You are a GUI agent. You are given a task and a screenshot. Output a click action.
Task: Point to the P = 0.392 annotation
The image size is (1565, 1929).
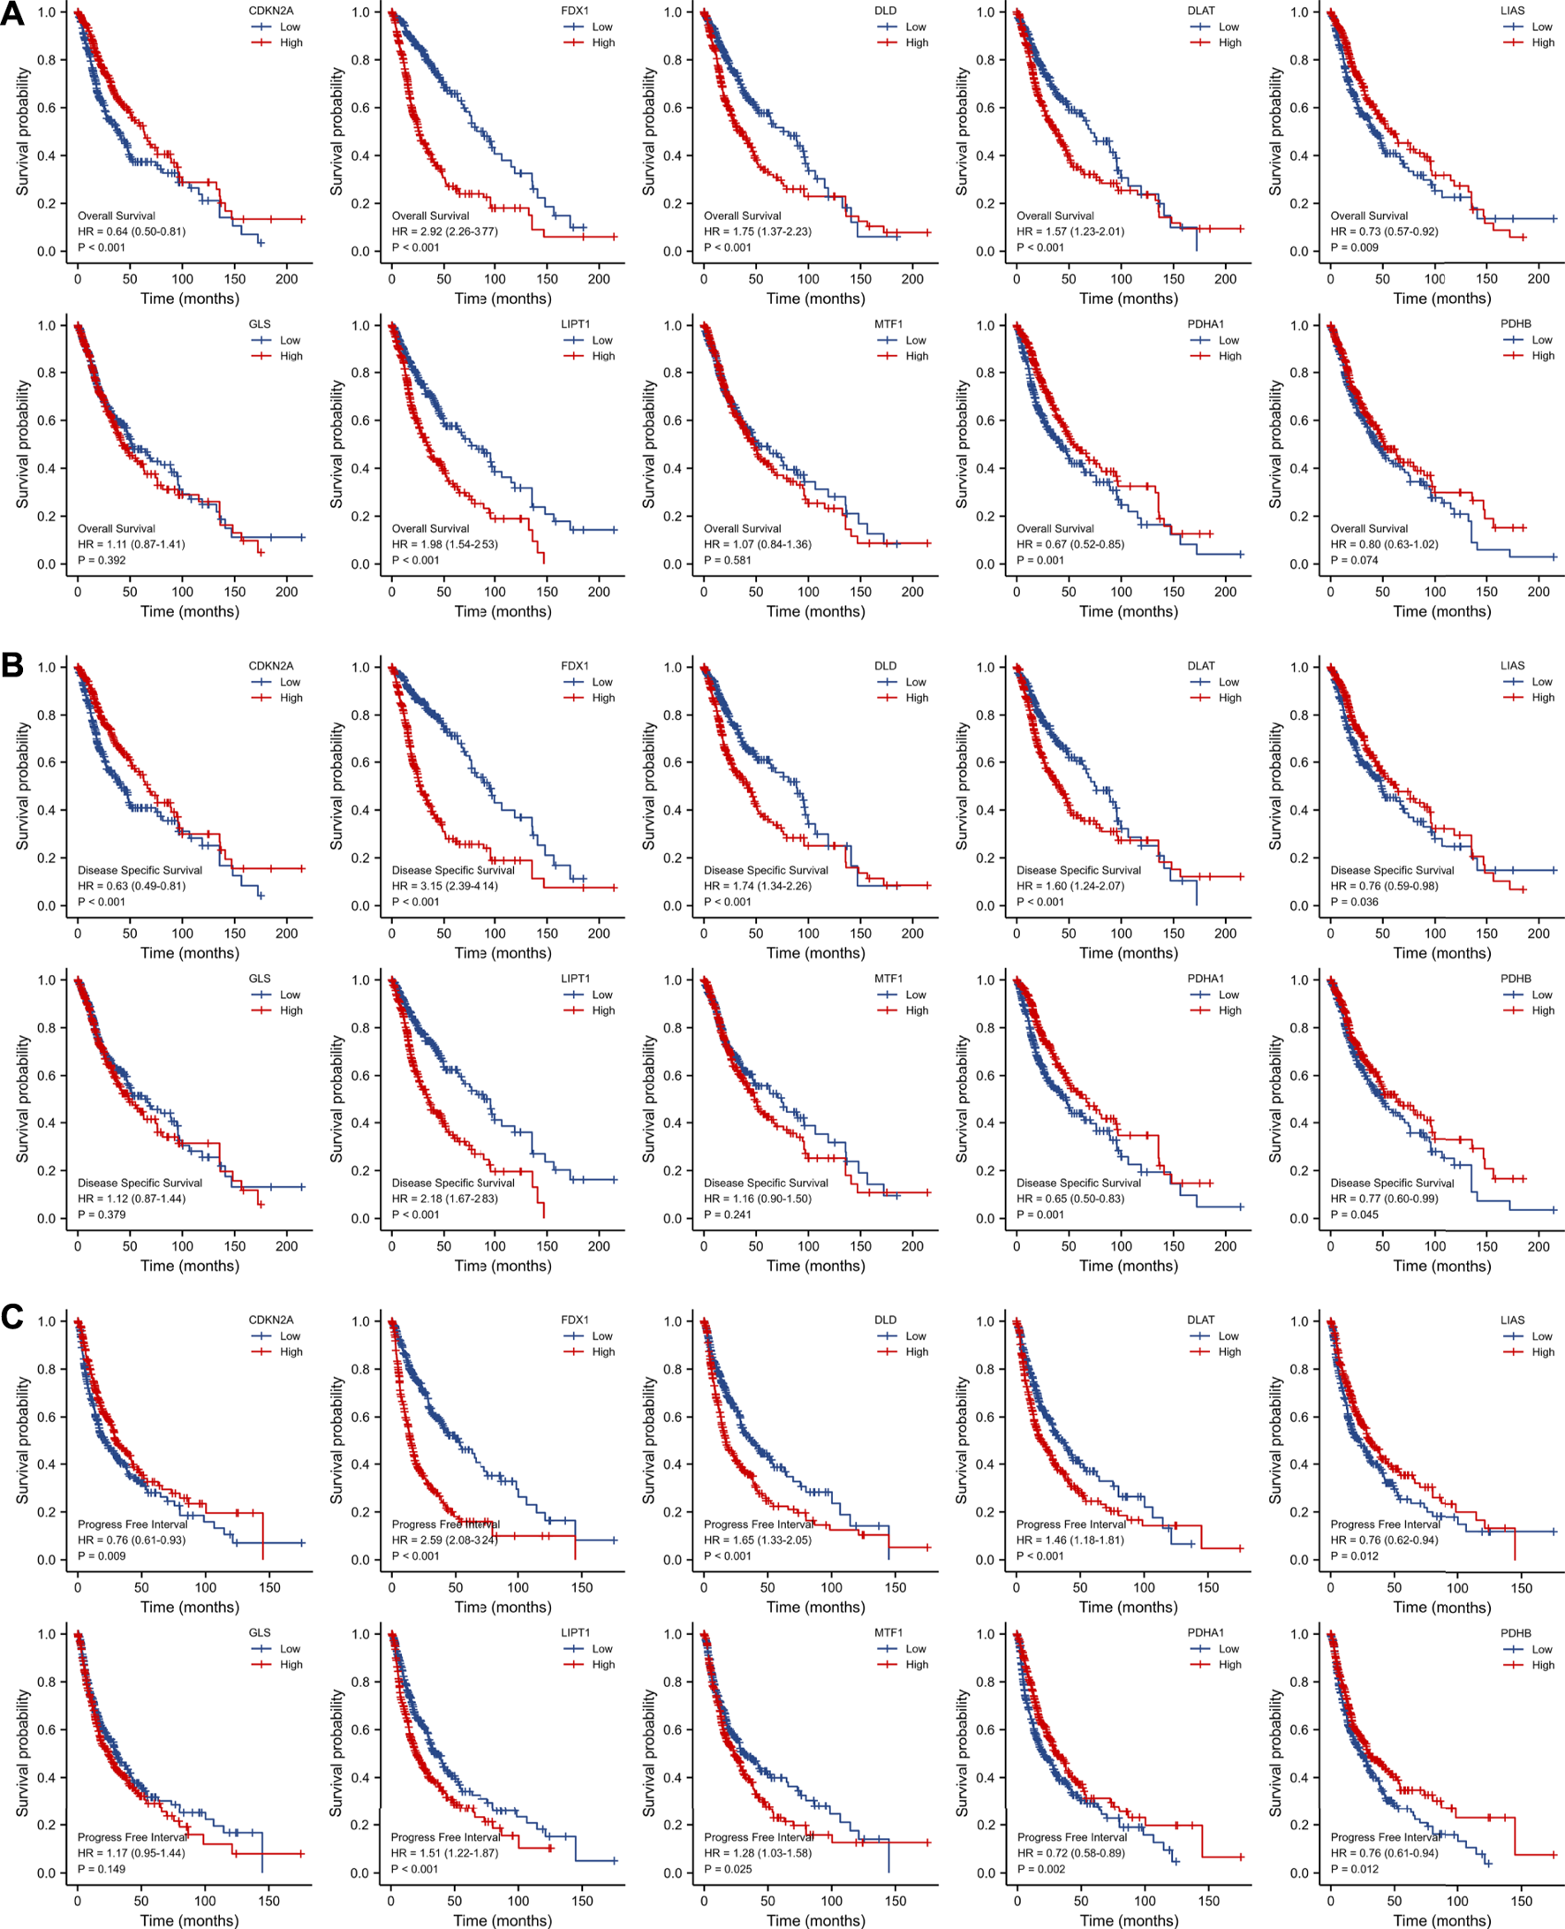pos(102,560)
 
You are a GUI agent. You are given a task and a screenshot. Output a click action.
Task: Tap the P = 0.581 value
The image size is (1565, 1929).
pos(728,560)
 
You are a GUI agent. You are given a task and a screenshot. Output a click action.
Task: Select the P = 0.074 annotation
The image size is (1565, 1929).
pos(1354,560)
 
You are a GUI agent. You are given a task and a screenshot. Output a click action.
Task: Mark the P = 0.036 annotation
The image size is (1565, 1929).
pos(1354,902)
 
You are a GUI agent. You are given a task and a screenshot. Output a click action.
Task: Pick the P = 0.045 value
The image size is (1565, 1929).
pos(1354,1214)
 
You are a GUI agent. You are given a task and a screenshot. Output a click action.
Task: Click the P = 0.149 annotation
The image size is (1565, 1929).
pos(102,1869)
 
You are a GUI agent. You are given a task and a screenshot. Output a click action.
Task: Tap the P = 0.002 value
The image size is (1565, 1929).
pos(1041,1869)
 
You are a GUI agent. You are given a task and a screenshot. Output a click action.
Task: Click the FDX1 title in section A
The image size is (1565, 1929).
pos(574,11)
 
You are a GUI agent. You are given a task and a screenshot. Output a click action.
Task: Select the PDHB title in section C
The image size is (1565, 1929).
pos(1516,1632)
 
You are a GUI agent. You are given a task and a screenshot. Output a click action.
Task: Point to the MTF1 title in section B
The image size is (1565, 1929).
pos(888,978)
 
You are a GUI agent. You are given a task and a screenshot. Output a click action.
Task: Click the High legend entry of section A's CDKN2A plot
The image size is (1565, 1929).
pos(291,42)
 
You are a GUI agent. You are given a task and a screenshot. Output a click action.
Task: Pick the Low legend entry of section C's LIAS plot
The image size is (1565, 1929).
pos(1541,1335)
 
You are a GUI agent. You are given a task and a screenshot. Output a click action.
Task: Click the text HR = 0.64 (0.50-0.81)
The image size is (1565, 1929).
pos(132,231)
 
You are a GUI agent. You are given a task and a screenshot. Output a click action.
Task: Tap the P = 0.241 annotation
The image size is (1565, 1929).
pos(728,1214)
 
